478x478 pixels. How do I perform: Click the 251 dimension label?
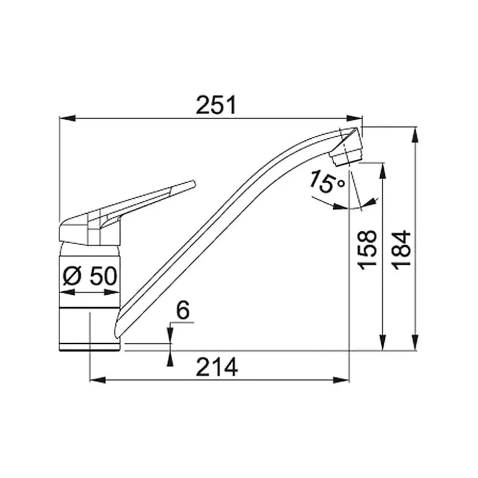(x=216, y=105)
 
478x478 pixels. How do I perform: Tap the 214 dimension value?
(x=217, y=367)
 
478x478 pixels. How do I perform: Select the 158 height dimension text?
(x=367, y=250)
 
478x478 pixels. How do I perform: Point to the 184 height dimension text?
(x=401, y=250)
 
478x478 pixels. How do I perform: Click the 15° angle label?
(x=327, y=182)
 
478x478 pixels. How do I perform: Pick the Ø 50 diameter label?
(x=90, y=276)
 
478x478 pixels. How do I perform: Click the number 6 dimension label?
(x=183, y=310)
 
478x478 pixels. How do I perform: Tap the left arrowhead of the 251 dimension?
(x=67, y=118)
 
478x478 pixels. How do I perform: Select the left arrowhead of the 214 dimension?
(x=98, y=380)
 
